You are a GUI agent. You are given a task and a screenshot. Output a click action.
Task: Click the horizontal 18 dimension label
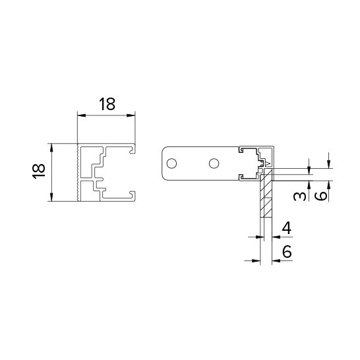pyautogui.click(x=107, y=104)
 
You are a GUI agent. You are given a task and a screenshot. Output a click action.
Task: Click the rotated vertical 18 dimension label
pyautogui.click(x=38, y=171)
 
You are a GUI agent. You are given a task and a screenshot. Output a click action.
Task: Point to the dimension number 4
pyautogui.click(x=287, y=228)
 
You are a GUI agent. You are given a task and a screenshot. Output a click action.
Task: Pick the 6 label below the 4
pyautogui.click(x=287, y=251)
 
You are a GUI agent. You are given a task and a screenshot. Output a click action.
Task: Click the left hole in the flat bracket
pyautogui.click(x=171, y=164)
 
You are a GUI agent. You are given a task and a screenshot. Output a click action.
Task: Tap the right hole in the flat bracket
pyautogui.click(x=214, y=164)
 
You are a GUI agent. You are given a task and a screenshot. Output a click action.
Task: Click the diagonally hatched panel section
pyautogui.click(x=266, y=193)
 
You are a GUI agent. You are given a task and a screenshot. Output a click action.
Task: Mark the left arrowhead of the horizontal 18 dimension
pyautogui.click(x=81, y=115)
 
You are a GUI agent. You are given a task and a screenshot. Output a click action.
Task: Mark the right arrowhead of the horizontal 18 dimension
pyautogui.click(x=131, y=115)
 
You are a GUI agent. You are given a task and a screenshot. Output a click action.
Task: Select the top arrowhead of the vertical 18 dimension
pyautogui.click(x=51, y=148)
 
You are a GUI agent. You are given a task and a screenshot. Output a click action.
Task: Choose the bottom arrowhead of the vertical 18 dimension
pyautogui.click(x=51, y=197)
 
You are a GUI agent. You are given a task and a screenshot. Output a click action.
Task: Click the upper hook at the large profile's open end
pyautogui.click(x=133, y=149)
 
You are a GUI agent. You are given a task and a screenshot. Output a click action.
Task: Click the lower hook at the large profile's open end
pyautogui.click(x=133, y=196)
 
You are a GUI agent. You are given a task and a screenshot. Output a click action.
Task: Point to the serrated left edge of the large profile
pyautogui.click(x=78, y=173)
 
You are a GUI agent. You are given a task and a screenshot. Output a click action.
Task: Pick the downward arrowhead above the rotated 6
pyautogui.click(x=329, y=164)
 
